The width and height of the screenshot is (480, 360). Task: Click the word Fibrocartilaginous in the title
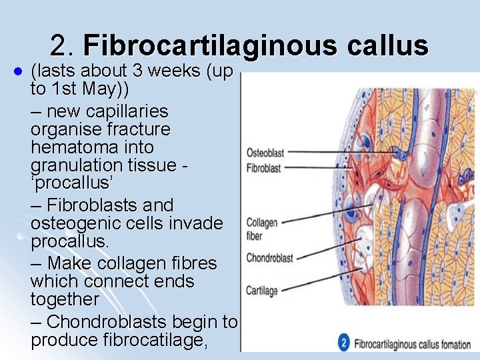[x=211, y=45]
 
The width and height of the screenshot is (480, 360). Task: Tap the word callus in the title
[x=387, y=45]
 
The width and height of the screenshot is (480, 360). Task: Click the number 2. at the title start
[x=63, y=45]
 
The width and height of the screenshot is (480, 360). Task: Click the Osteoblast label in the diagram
[x=265, y=152]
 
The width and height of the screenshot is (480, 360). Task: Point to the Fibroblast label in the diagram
[x=264, y=168]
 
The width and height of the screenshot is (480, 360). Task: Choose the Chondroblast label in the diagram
[x=269, y=258]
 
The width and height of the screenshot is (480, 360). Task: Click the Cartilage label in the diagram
[x=262, y=290]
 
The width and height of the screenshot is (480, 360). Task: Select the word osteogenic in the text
[x=75, y=223]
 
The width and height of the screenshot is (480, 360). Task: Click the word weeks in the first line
[x=176, y=71]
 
